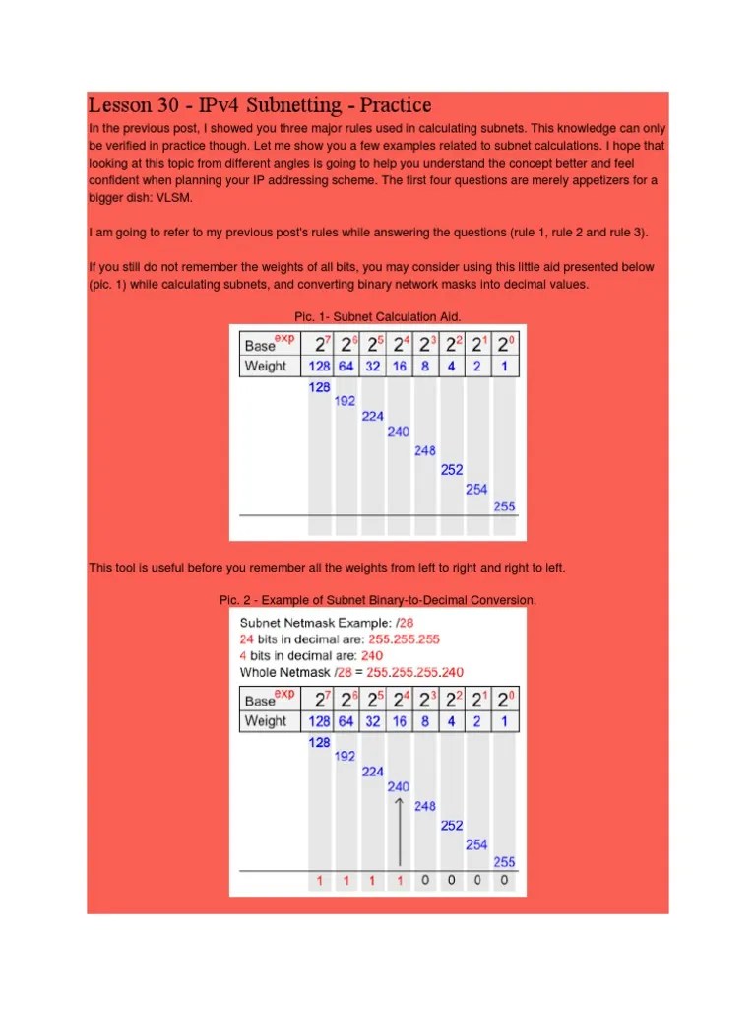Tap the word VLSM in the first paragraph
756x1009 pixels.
(x=177, y=196)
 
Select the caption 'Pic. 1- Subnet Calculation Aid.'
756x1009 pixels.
(x=378, y=316)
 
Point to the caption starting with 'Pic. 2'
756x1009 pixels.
(x=378, y=600)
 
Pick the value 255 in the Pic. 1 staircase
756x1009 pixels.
(x=504, y=506)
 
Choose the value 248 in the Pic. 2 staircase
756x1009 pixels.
(x=424, y=806)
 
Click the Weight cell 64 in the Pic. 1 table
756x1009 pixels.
(x=346, y=366)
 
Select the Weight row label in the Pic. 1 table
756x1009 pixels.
(x=266, y=366)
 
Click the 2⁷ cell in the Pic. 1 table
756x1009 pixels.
(x=320, y=344)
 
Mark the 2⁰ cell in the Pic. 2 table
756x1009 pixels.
(x=504, y=700)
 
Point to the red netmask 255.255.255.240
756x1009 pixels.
(x=414, y=672)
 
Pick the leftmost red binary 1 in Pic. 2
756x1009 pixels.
(x=320, y=880)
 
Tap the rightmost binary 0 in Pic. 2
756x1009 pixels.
(x=504, y=880)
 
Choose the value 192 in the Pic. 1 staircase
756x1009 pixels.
(x=346, y=401)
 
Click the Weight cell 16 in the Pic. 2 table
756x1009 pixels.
(x=399, y=721)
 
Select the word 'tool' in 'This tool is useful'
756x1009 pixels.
(x=128, y=568)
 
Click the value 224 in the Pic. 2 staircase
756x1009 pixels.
(x=372, y=772)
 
